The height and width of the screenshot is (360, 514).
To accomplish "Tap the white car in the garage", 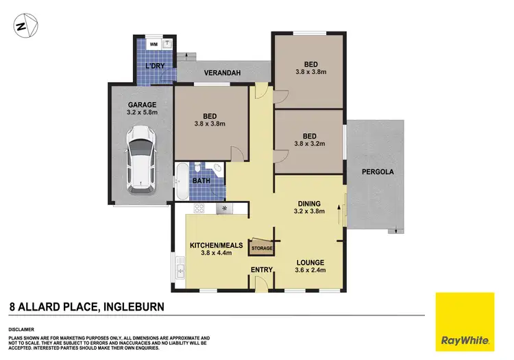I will pos(141,158).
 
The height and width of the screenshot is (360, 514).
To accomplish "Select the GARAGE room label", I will pos(141,105).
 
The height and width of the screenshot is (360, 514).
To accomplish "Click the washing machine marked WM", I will pos(152,44).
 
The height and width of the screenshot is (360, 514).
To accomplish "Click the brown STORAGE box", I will pos(262,246).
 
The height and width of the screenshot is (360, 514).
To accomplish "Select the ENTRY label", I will pos(262,269).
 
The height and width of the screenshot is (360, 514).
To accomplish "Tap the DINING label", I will pos(310,203).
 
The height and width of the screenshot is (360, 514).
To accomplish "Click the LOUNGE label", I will pos(310,262).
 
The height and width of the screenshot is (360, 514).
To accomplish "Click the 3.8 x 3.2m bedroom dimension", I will pos(310,145).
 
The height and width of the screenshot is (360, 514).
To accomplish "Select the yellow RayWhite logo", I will pos(465,321).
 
